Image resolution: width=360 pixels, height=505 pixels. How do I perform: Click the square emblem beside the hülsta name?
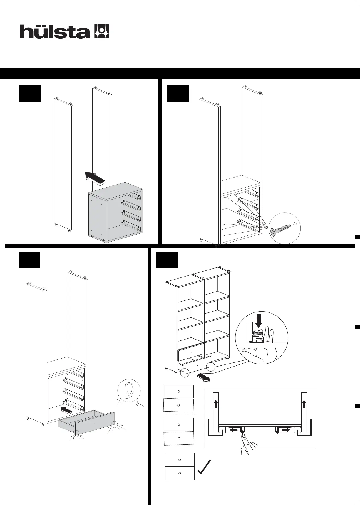[x=101, y=31]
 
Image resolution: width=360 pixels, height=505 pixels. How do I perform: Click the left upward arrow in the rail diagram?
[x=216, y=404]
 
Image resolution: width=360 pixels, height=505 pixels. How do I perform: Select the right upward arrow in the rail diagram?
[x=304, y=404]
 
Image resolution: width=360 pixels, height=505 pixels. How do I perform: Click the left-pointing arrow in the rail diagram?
[x=234, y=430]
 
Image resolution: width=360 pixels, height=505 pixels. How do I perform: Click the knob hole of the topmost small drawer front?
[x=178, y=392]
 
